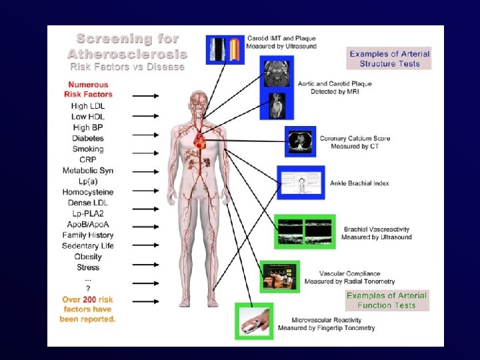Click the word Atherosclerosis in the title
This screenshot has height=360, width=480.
pyautogui.click(x=127, y=53)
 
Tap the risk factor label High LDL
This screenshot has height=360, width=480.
pyautogui.click(x=88, y=107)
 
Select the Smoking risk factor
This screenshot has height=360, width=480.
pyautogui.click(x=88, y=149)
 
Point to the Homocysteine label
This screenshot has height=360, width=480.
pyautogui.click(x=88, y=192)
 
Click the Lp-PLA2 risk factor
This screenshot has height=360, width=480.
pyautogui.click(x=88, y=213)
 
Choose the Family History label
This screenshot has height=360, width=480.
pyautogui.click(x=88, y=235)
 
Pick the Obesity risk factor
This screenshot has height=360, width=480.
pyautogui.click(x=88, y=257)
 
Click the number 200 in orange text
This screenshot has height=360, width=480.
pyautogui.click(x=90, y=299)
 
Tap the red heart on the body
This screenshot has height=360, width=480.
pyautogui.click(x=201, y=141)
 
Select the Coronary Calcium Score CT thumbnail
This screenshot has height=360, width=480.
pyautogui.click(x=299, y=142)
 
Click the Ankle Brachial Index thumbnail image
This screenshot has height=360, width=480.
pyautogui.click(x=301, y=183)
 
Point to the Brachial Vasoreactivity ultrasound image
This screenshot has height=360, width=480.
pyautogui.click(x=303, y=232)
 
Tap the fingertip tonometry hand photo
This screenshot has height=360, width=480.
pyautogui.click(x=254, y=321)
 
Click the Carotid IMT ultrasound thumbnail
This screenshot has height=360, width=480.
pyautogui.click(x=225, y=49)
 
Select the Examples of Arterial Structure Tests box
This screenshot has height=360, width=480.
pyautogui.click(x=389, y=59)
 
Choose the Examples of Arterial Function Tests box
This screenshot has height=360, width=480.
pyautogui.click(x=387, y=300)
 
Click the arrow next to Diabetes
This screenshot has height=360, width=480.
pyautogui.click(x=145, y=139)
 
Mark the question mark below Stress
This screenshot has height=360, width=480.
pyautogui.click(x=88, y=288)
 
